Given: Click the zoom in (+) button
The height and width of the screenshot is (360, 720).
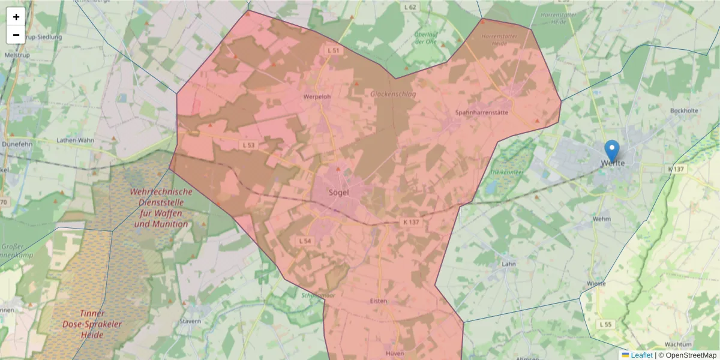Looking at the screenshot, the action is coord(16,17).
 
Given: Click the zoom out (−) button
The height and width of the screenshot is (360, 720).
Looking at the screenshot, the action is coord(16,35).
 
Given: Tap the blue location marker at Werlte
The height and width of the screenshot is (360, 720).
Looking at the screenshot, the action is coord(611,151).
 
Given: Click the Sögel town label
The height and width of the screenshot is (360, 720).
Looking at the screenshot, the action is coord(339,192).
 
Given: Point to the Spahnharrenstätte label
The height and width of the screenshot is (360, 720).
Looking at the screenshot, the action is coord(482,112).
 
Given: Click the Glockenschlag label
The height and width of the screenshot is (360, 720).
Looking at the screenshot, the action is coord(393,94).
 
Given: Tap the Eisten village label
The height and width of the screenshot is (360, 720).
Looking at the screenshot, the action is coord(379,301).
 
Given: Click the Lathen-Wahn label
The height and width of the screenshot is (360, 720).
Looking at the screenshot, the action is coord(75,140).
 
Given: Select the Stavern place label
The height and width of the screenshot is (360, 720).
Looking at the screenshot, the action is coord(190,322).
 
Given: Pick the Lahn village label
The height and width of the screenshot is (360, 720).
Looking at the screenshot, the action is coord(509,263).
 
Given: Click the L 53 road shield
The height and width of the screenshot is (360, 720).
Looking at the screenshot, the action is coord(249,145).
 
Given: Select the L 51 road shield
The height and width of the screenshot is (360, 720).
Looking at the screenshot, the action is coord(334,50).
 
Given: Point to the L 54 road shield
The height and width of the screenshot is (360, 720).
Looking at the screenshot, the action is coord(305,241).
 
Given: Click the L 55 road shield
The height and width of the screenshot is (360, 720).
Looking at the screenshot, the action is coord(606,324).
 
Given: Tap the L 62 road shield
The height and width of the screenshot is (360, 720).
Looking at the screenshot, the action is coord(410,7).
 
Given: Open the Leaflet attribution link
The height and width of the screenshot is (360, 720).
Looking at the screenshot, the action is coord(641,355).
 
